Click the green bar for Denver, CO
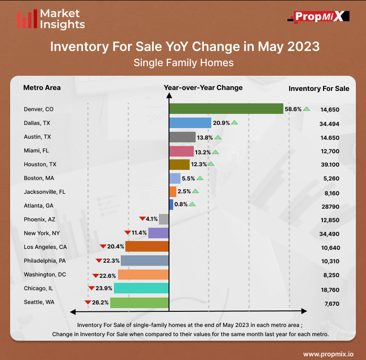pos(226,109)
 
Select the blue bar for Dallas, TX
pos(190,123)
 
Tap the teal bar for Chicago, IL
pos(141,288)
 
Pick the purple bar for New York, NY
pos(158,233)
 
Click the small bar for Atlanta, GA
pos(171,204)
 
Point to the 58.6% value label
pos(292,109)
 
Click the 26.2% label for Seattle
pos(100,303)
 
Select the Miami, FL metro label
pos(36,150)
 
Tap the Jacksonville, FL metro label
pos(45,191)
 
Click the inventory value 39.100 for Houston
pos(330,165)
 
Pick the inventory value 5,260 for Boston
pos(330,179)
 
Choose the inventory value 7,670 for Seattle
pos(330,304)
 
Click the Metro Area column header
pos(42,88)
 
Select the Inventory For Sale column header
pos(319,89)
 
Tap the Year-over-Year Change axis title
pos(203,88)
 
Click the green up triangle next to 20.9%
pos(234,123)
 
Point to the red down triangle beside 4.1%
pos(142,219)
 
